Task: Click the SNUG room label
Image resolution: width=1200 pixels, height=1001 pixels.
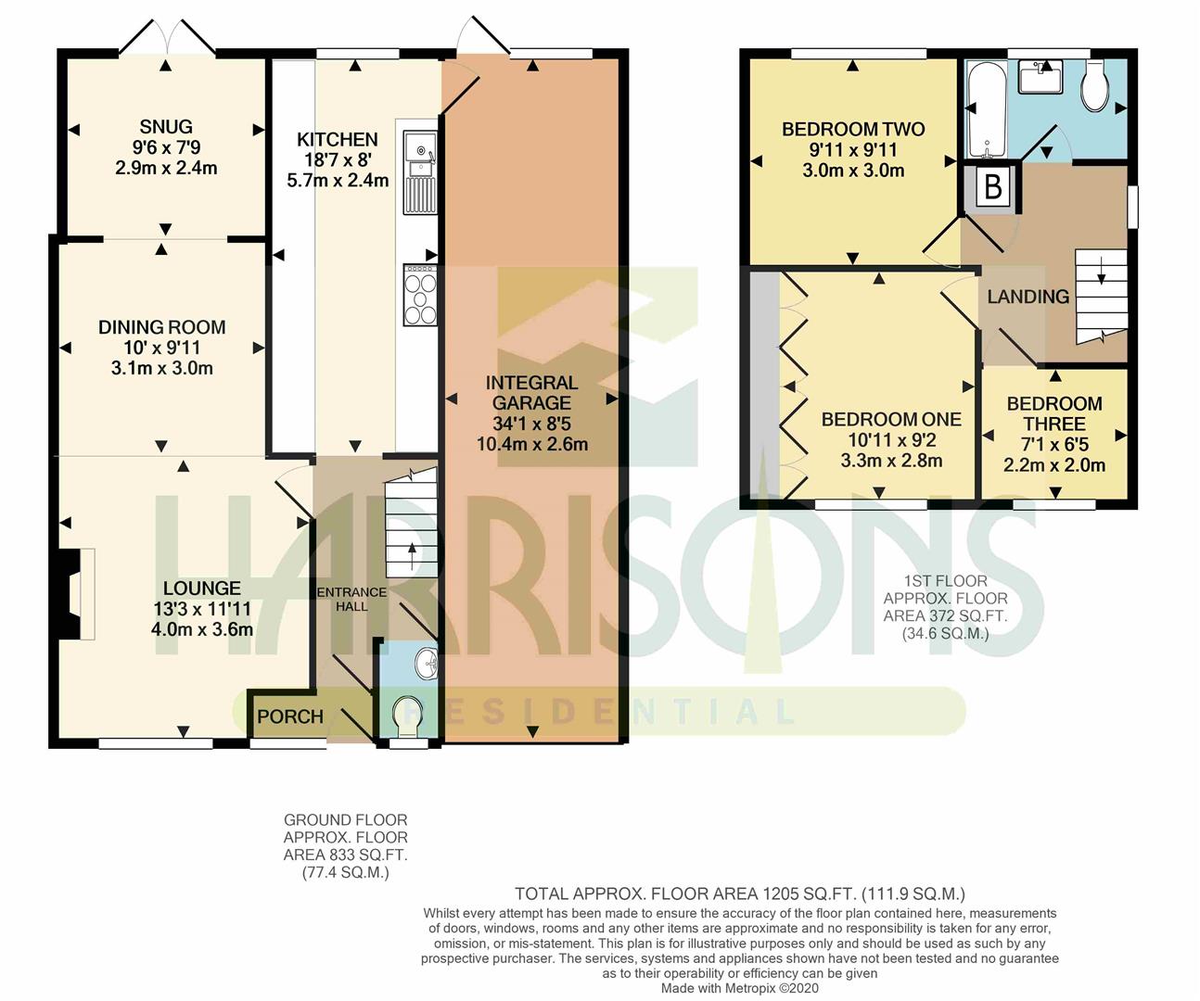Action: click(x=166, y=126)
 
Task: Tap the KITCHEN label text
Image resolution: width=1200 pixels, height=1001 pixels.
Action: click(x=338, y=140)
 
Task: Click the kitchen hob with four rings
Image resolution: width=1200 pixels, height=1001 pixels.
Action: click(x=421, y=295)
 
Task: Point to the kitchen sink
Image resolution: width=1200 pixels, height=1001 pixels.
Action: click(x=420, y=172)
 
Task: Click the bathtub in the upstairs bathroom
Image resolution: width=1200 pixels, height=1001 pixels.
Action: click(x=987, y=109)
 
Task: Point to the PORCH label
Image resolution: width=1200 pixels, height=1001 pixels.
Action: click(x=290, y=716)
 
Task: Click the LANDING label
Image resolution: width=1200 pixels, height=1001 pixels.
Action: click(x=1028, y=297)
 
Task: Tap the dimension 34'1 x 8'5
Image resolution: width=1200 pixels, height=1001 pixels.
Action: click(x=531, y=424)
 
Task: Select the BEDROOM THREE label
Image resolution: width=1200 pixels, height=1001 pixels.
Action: click(x=1054, y=413)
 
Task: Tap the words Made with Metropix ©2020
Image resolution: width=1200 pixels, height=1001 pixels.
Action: click(x=740, y=988)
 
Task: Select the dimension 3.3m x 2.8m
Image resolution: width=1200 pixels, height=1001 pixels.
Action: click(x=891, y=461)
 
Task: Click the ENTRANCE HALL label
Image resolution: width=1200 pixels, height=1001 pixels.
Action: click(x=351, y=599)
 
